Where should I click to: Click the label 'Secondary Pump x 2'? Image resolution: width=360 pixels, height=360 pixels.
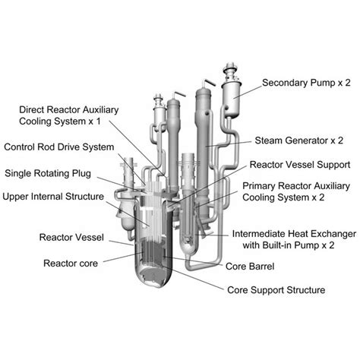[x=306, y=82]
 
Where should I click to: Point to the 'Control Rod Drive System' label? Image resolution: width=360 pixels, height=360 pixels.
[x=59, y=147]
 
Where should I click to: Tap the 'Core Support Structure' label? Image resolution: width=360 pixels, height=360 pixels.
[x=276, y=290]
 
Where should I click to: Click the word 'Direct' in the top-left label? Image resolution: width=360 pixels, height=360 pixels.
[x=35, y=109]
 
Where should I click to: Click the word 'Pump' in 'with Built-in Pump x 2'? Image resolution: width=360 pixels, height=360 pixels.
[x=311, y=246]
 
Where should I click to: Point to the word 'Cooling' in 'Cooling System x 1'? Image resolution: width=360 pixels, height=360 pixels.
[x=37, y=122]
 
